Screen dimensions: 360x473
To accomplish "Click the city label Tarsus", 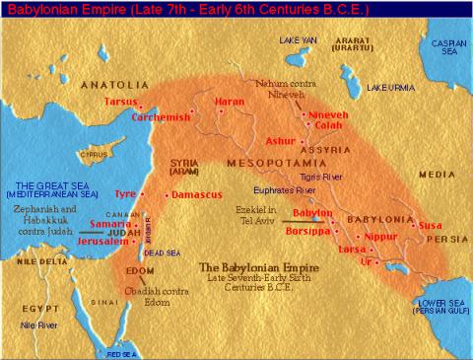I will point(117,102).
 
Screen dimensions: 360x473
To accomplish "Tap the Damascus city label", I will point(194,195).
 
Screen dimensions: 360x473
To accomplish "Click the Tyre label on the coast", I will point(126,195).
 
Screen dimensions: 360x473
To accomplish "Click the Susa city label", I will point(431,226).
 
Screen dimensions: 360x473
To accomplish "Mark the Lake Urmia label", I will point(390,89).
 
